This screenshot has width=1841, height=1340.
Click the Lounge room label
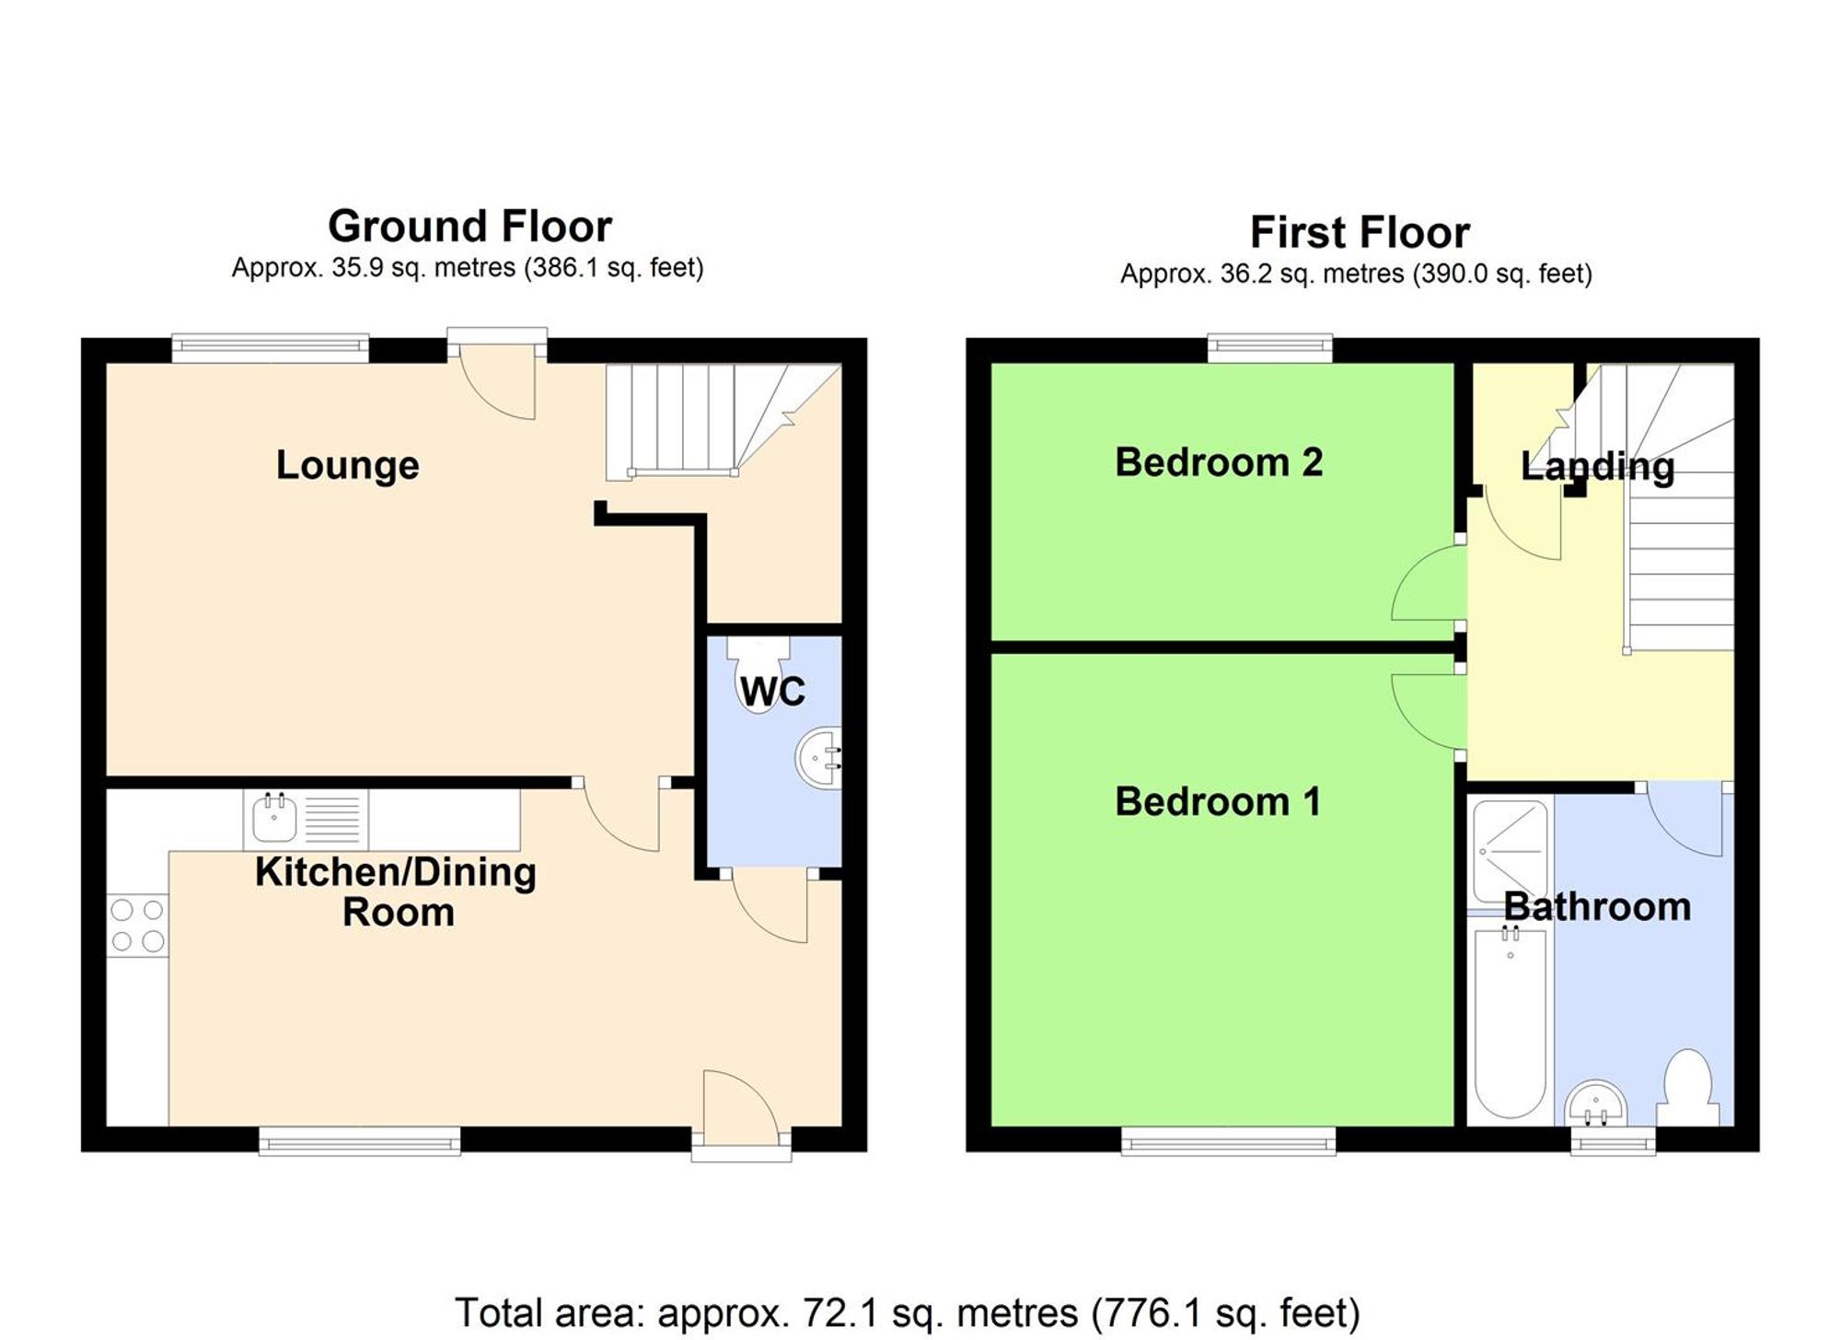(x=347, y=465)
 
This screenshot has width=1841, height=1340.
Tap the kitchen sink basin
(x=274, y=819)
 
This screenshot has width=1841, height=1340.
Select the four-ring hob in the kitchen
(x=137, y=926)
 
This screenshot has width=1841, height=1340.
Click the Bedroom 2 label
(x=1218, y=462)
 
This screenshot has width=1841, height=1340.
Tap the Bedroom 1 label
(x=1217, y=802)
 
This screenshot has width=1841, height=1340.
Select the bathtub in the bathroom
(x=1510, y=1022)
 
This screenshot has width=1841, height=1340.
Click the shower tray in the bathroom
(x=1510, y=852)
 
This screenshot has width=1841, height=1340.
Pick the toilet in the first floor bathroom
(x=1688, y=1087)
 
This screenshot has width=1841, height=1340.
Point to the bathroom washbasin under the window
(x=1595, y=1103)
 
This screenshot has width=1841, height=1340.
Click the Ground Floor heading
(x=469, y=227)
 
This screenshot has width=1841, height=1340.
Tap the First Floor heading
(x=1359, y=233)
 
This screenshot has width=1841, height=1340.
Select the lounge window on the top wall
(x=270, y=346)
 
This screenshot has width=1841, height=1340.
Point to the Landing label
(x=1597, y=467)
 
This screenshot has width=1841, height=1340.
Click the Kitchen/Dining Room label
(x=396, y=891)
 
